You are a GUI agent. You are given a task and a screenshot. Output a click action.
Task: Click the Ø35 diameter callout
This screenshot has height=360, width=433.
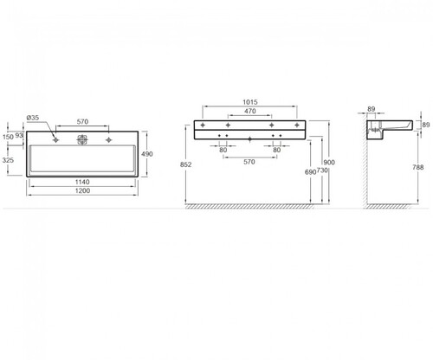[x=33, y=118]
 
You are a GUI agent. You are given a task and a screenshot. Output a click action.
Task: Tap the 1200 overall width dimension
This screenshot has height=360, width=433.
[x=82, y=190]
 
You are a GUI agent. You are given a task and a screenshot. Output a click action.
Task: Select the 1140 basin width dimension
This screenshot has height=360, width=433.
[x=82, y=182]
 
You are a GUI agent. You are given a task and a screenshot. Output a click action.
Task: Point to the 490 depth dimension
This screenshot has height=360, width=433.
[x=147, y=154]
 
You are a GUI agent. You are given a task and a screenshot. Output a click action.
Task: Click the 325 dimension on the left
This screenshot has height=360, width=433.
[x=8, y=160]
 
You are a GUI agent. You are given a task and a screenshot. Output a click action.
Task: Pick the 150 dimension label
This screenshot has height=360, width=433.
[x=8, y=137]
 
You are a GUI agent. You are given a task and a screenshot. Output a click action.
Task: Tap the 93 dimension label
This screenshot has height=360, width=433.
[x=19, y=135]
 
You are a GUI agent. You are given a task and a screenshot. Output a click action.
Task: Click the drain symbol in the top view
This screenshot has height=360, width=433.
[x=82, y=139]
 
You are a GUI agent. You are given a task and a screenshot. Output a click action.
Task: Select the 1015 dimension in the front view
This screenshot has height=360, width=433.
[x=250, y=102]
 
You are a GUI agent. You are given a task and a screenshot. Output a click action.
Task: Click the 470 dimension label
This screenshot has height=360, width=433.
[x=250, y=111]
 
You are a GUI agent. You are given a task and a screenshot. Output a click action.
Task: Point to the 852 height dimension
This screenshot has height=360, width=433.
[x=185, y=164]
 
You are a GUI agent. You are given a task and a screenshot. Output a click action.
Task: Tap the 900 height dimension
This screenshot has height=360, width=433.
[x=329, y=163]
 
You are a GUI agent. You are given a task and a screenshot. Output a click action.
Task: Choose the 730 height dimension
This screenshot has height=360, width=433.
[x=322, y=170]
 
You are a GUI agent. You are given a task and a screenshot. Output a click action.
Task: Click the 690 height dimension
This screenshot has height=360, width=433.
[x=311, y=172]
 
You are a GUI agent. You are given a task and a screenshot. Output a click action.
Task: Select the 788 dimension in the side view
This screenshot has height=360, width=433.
[x=418, y=167]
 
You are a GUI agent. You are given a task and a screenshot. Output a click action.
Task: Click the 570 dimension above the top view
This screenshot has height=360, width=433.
[x=82, y=122]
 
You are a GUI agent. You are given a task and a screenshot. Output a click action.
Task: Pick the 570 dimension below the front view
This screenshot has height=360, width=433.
[x=249, y=162]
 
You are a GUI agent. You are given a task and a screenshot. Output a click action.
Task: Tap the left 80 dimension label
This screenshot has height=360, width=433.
[x=223, y=150]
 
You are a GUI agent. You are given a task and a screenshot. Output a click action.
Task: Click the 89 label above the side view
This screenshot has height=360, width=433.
[x=372, y=109]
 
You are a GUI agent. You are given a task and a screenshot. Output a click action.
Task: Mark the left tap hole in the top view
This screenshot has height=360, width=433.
[x=55, y=140]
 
